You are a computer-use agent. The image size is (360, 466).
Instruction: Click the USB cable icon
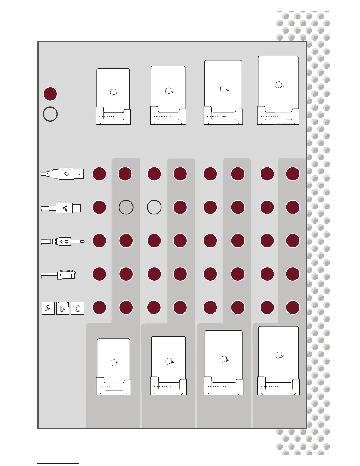tap(62, 174)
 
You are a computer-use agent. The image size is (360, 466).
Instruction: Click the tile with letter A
tap(48, 308)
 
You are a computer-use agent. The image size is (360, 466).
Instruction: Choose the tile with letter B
tap(63, 308)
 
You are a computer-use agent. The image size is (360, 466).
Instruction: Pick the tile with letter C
tap(78, 308)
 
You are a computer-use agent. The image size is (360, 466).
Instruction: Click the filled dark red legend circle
tap(50, 94)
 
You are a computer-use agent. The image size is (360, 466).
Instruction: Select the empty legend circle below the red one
tap(50, 114)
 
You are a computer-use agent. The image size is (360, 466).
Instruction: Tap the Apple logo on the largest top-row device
tap(279, 85)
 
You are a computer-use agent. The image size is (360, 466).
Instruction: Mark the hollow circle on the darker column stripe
tap(126, 207)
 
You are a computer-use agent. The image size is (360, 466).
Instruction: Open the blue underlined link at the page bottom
tap(58, 463)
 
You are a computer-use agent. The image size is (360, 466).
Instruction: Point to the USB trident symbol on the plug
tap(66, 174)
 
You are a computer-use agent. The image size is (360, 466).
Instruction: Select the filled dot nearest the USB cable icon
tap(99, 174)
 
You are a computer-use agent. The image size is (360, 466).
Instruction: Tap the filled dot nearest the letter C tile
tap(99, 307)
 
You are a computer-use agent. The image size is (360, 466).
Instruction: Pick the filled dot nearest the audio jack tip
tap(99, 241)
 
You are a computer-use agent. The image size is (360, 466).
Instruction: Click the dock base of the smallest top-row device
tap(113, 117)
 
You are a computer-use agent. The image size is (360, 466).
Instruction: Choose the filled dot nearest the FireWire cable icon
tap(99, 207)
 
